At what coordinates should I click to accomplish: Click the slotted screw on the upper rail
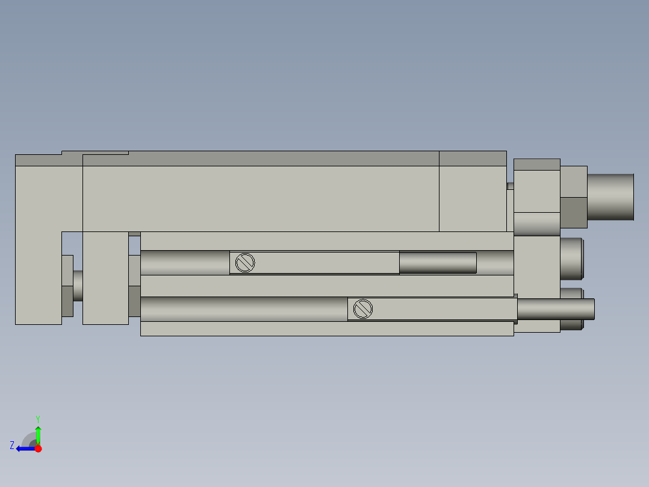[245, 263]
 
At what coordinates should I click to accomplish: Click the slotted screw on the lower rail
[363, 309]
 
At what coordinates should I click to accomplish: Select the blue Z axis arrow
[24, 448]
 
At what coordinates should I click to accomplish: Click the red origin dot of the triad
[38, 448]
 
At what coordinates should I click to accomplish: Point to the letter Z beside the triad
[12, 445]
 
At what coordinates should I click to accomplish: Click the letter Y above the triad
[37, 418]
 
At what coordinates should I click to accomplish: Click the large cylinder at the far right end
[610, 196]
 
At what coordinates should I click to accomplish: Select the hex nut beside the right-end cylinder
[573, 196]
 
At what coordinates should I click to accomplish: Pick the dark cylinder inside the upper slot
[438, 263]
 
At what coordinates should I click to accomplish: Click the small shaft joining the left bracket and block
[78, 286]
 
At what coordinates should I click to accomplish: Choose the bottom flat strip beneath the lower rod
[325, 328]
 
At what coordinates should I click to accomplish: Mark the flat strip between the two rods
[325, 286]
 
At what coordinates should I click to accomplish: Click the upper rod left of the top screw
[184, 263]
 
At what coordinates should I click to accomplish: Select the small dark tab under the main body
[134, 234]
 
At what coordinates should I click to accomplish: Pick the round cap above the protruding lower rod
[571, 259]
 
